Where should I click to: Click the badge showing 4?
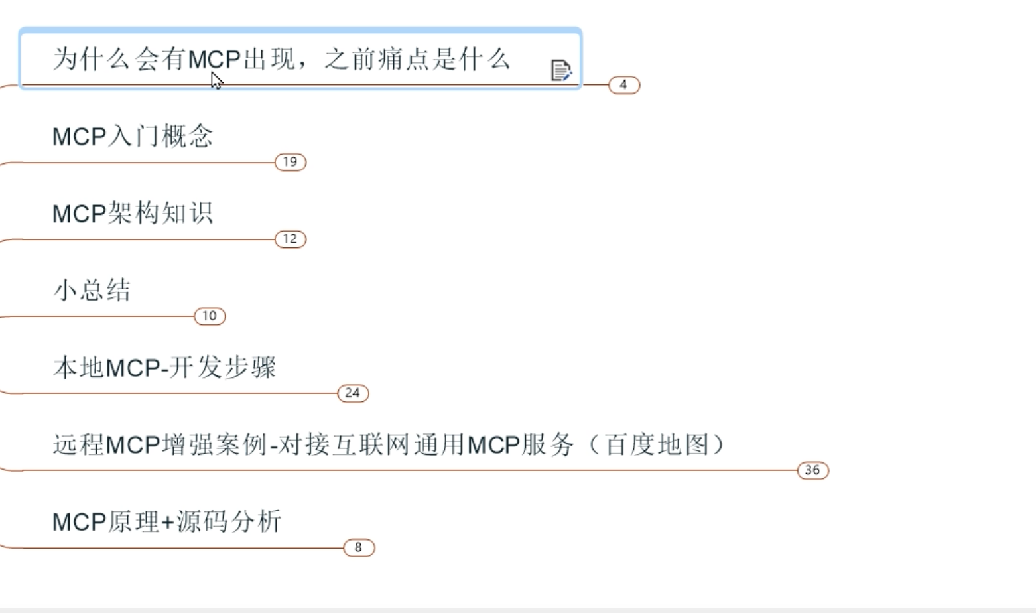[623, 85]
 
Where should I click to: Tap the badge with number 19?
[291, 162]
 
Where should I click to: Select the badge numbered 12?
[291, 239]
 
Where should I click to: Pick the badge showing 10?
[210, 316]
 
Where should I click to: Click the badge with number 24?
[353, 393]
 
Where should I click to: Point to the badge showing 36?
[812, 470]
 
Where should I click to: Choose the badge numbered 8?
[359, 547]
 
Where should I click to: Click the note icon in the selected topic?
[560, 70]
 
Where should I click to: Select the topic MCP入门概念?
[133, 137]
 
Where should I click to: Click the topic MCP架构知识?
[133, 214]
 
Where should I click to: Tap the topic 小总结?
[92, 291]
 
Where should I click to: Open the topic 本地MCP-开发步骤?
[164, 368]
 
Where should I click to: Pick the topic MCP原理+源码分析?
[167, 522]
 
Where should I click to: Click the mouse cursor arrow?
[216, 80]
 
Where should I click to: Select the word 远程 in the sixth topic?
[78, 444]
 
